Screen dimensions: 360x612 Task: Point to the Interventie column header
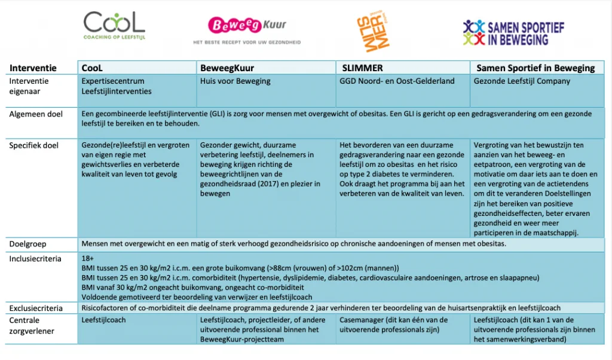[33, 68]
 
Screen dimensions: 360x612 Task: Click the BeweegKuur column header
[227, 68]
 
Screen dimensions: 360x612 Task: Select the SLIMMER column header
[362, 68]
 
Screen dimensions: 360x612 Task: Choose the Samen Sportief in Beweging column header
[534, 68]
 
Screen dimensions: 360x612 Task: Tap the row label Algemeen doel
[36, 114]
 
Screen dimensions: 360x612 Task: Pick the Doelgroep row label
[28, 245]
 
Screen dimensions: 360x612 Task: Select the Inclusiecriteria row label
[36, 259]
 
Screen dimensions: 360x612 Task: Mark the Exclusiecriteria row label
[36, 308]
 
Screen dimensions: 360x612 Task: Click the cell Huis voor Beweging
[235, 81]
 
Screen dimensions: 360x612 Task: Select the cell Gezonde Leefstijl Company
[522, 81]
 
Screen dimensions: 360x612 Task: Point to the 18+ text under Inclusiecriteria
[87, 259]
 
